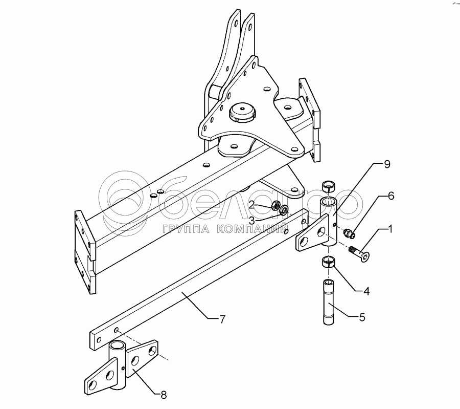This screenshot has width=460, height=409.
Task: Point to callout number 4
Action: point(366,292)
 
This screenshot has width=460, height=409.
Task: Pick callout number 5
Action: point(361,317)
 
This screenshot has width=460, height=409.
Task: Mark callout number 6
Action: point(391,196)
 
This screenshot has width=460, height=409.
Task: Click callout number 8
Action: point(164,394)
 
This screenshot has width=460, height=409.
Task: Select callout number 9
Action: point(387,164)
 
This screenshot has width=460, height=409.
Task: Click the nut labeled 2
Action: point(274,206)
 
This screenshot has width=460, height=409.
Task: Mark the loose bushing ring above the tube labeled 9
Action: point(329,185)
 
